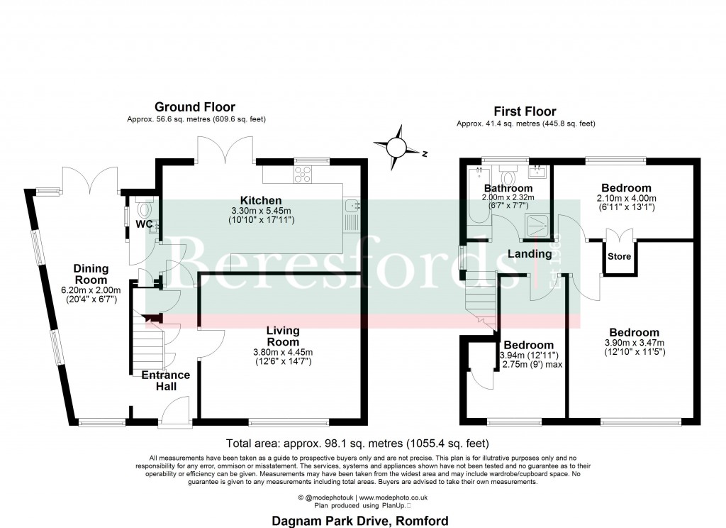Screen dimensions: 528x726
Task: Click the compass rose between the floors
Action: point(397,147)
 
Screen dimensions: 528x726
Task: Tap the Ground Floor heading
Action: point(195,107)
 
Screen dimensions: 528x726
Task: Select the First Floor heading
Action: point(525,111)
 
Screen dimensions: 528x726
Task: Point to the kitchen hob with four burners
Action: point(303,172)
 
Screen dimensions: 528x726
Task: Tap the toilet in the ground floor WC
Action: point(144,209)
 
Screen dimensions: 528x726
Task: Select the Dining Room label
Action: point(91,274)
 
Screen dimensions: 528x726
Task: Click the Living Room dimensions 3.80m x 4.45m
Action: point(282,352)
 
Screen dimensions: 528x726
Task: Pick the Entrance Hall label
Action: point(166,380)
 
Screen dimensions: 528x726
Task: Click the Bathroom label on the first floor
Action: point(508,188)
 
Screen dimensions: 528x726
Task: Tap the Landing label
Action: point(529,254)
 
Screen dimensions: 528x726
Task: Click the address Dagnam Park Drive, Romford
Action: point(360,520)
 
